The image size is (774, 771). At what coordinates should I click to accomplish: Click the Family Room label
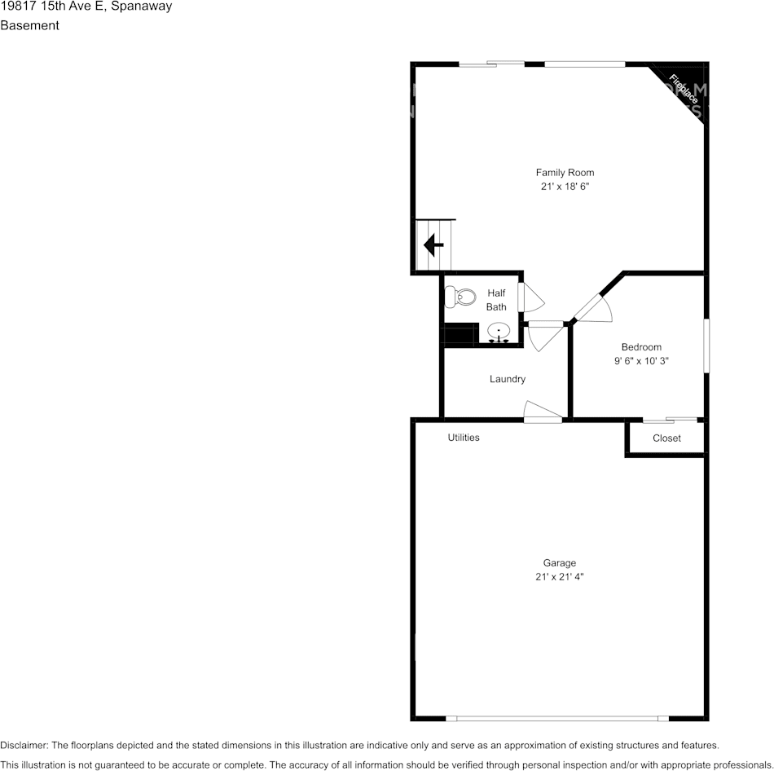[x=565, y=172]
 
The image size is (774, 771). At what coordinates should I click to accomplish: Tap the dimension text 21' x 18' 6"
[x=565, y=187]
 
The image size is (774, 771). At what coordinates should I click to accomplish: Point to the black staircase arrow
[x=433, y=245]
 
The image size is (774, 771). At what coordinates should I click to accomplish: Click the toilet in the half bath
[x=460, y=297]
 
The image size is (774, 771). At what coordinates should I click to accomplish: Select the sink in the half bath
[x=499, y=332]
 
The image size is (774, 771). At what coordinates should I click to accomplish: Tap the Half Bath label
[x=496, y=300]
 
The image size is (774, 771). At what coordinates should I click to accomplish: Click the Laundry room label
[x=508, y=379]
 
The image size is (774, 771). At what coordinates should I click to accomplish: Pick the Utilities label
[x=464, y=438]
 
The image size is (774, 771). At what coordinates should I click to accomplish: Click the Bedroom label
[x=641, y=346]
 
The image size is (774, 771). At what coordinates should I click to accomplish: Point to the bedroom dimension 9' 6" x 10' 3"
[x=641, y=361]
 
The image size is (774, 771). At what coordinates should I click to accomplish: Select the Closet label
[x=666, y=438]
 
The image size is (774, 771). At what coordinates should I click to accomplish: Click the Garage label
[x=560, y=562]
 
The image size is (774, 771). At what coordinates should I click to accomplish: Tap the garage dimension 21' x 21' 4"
[x=560, y=577]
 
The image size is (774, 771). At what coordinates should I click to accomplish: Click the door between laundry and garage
[x=543, y=412]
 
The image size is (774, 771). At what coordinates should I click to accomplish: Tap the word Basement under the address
[x=29, y=25]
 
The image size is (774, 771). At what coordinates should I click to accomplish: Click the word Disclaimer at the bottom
[x=24, y=745]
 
